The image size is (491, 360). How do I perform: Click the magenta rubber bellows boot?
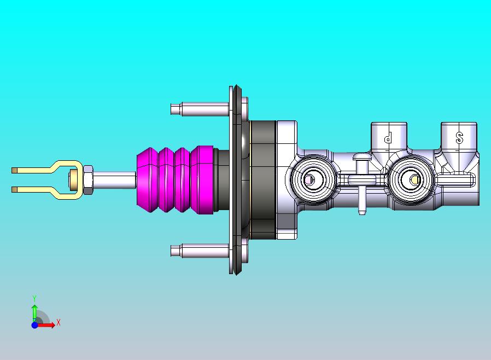(176, 179)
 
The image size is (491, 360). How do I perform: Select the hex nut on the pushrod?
(87, 180)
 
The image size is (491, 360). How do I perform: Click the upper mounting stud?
(200, 109)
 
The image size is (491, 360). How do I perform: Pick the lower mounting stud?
(200, 251)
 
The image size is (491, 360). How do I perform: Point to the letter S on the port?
(459, 137)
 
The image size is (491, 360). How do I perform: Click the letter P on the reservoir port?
(388, 137)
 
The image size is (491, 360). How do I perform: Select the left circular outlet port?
(313, 180)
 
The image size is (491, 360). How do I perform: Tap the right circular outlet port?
(411, 180)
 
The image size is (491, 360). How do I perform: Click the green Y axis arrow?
(34, 311)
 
